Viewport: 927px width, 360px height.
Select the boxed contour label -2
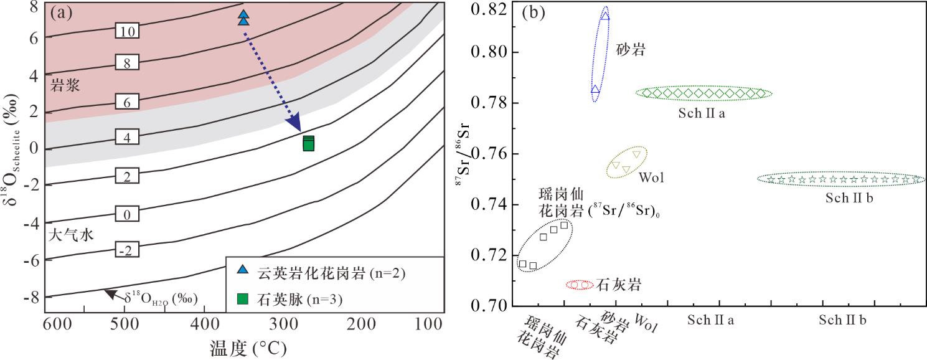[x=126, y=250]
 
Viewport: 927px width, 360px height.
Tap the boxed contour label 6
[x=126, y=103]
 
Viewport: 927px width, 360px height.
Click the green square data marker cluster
[x=308, y=143]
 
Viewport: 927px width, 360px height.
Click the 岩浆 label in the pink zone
[x=65, y=85]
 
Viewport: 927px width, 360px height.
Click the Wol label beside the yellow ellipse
[x=651, y=178]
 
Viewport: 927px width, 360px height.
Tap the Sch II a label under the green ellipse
[x=701, y=113]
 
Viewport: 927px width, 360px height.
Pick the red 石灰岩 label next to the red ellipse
[x=619, y=285]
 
